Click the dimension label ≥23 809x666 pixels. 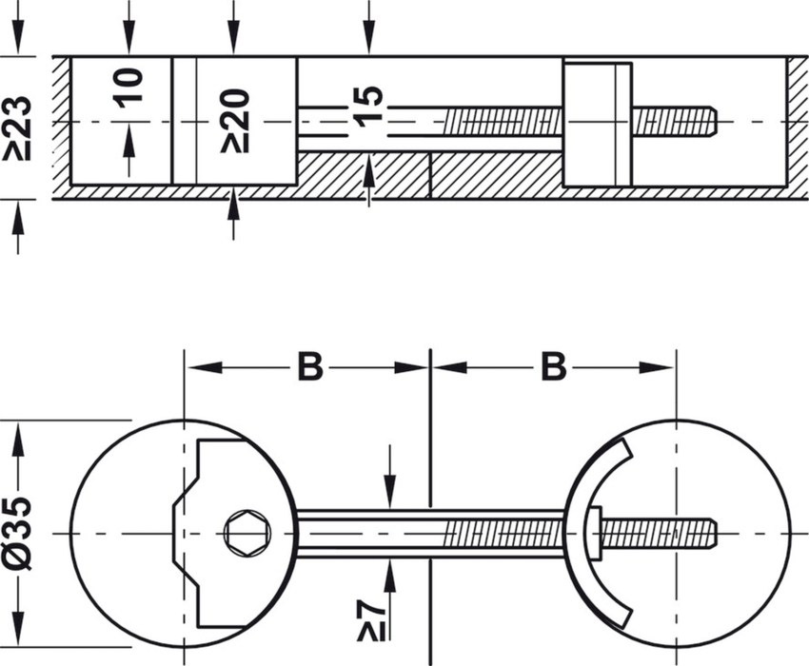click(x=19, y=127)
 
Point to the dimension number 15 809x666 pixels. click(x=368, y=103)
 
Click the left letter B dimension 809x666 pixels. click(x=309, y=366)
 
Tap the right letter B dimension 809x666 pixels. click(x=554, y=366)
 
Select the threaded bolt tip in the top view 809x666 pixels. click(x=676, y=122)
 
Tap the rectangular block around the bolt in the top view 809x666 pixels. click(x=597, y=124)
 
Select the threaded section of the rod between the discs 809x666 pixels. click(x=504, y=533)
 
